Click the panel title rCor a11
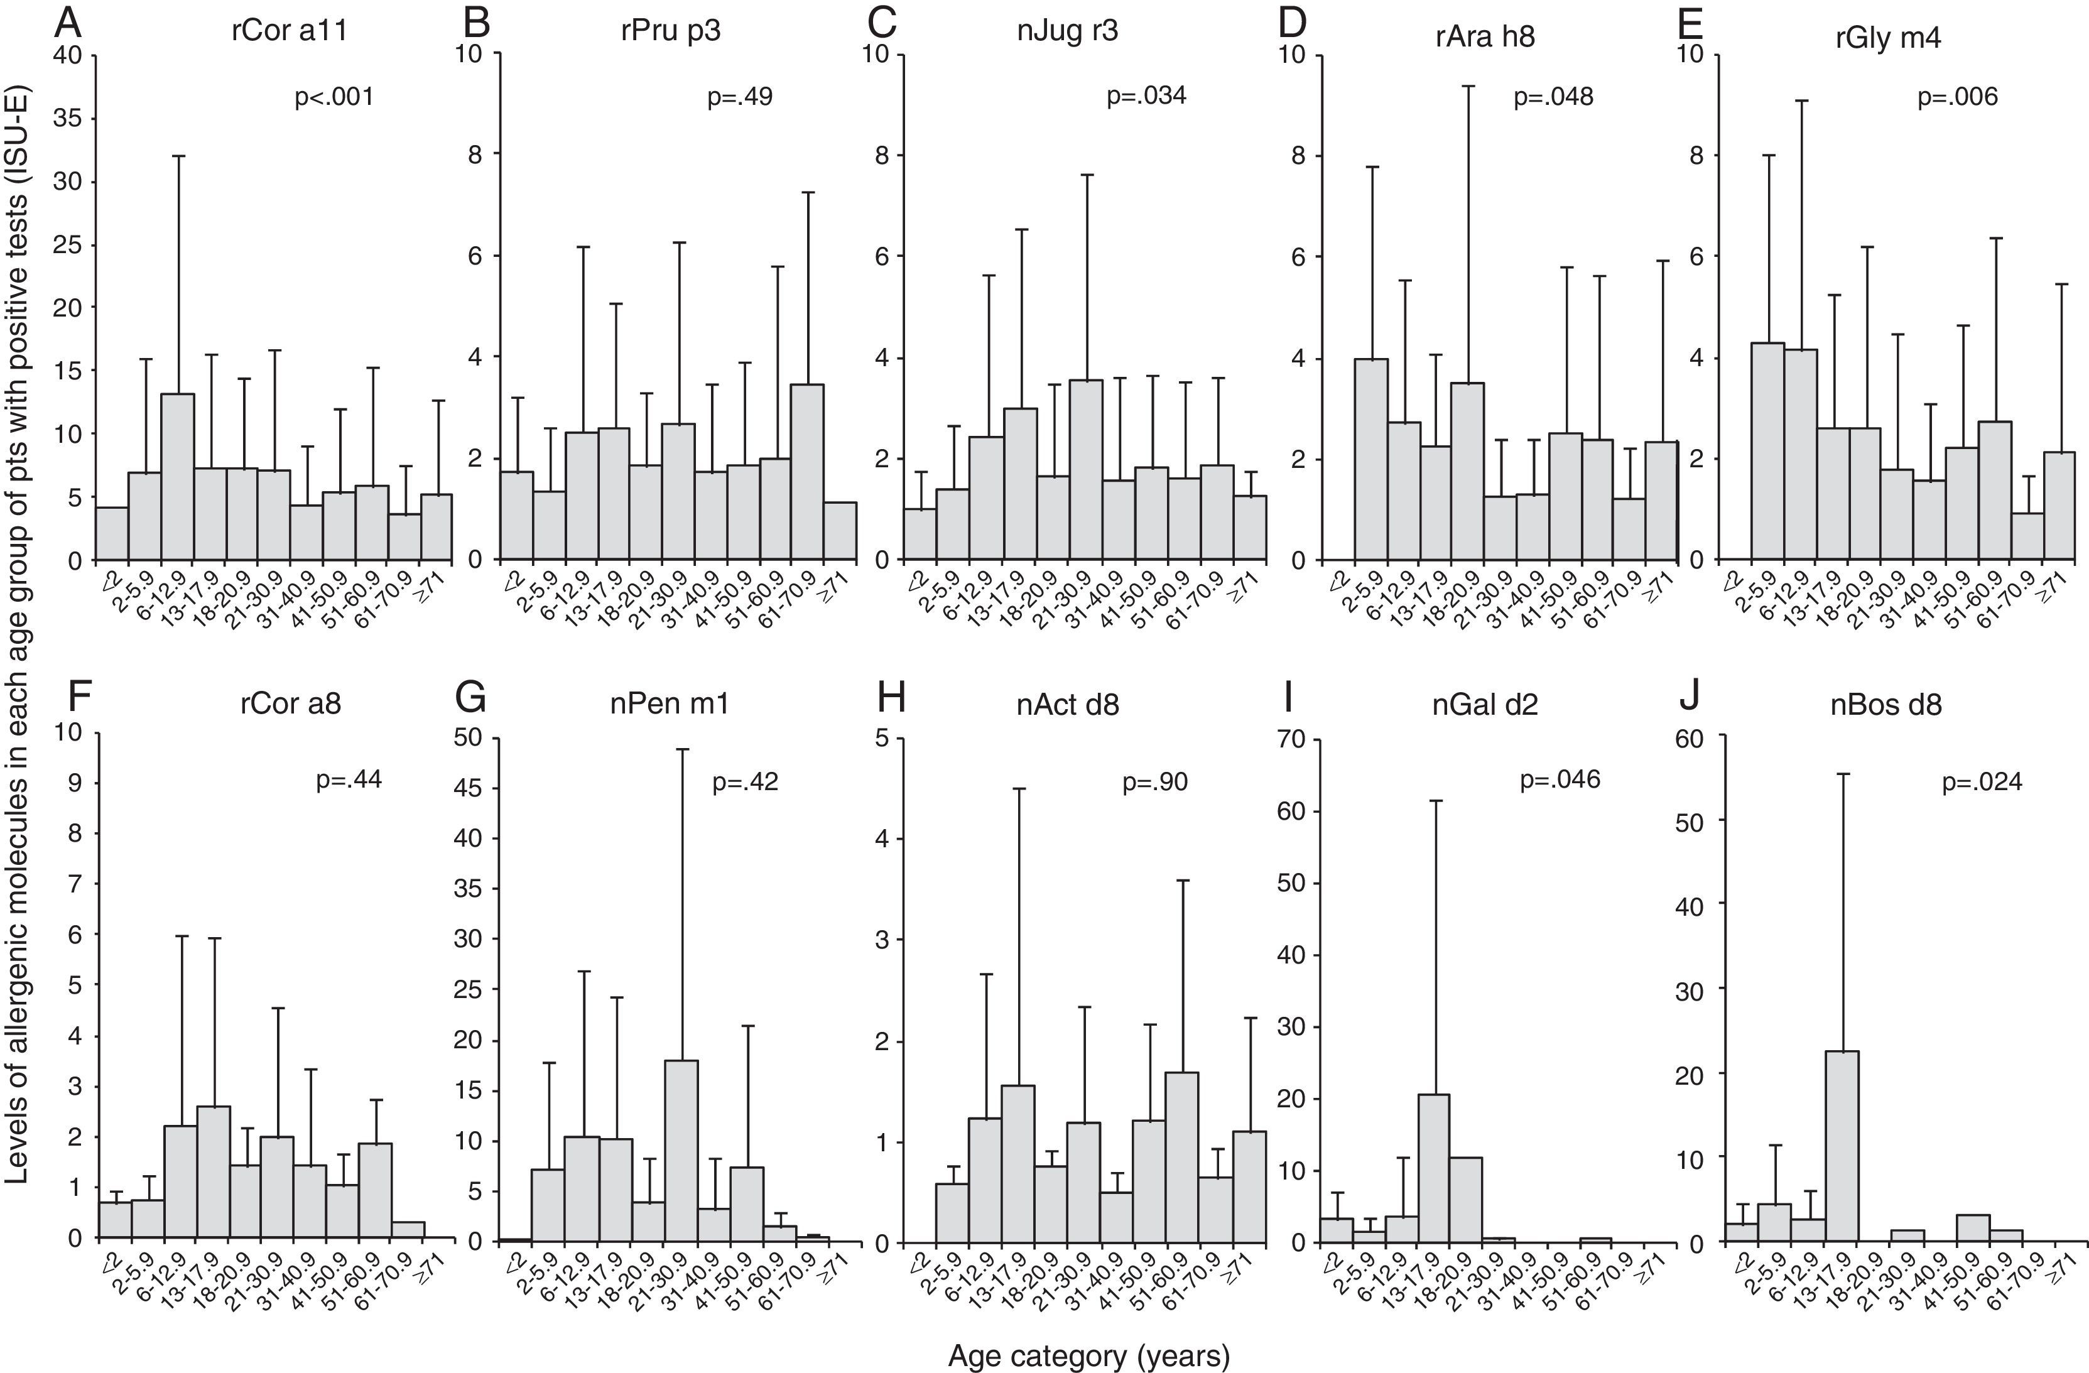(290, 31)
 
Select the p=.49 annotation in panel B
(739, 97)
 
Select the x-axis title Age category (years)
(1088, 1356)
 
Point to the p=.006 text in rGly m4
(1957, 97)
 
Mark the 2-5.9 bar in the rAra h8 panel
(1370, 459)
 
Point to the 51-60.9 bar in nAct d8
(1181, 1157)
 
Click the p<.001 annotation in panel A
(334, 97)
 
